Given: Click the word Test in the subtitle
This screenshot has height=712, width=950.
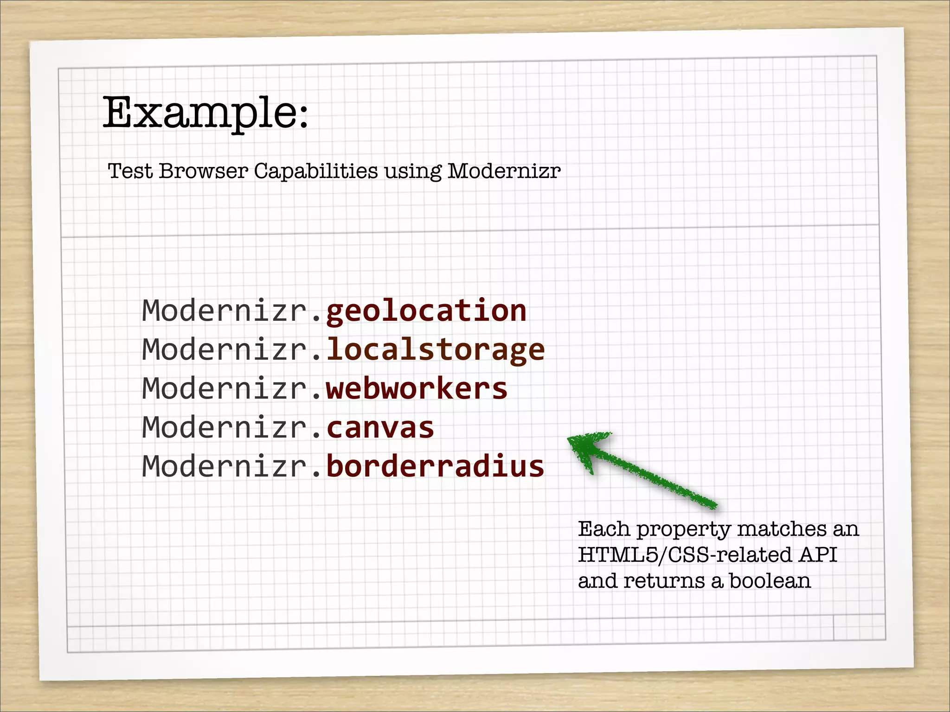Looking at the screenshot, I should [x=130, y=171].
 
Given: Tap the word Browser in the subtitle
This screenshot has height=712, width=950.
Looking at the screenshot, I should [x=204, y=171].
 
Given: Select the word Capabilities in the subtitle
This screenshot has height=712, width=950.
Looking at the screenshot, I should [x=316, y=171].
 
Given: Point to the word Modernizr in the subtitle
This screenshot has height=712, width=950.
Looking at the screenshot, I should [x=504, y=171].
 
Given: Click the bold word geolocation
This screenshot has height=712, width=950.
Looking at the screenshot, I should [x=426, y=311].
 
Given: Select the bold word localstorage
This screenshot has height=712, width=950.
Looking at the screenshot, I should [x=436, y=350].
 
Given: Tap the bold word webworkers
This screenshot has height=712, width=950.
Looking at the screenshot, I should [x=417, y=388].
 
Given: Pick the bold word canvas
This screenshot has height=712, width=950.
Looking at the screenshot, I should [x=380, y=427].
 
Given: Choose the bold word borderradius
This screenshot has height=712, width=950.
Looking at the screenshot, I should [x=435, y=466].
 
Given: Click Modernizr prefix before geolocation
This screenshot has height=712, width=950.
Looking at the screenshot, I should [x=225, y=311].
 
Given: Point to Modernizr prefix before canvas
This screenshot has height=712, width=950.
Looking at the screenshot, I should [x=225, y=427].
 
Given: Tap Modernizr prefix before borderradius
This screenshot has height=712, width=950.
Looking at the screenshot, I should [x=225, y=466].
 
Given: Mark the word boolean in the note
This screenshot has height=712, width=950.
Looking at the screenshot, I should [x=770, y=581].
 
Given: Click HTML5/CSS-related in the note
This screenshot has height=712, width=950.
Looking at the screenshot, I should [x=685, y=555].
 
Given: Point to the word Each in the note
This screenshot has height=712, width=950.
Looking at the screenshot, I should [x=603, y=529].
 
